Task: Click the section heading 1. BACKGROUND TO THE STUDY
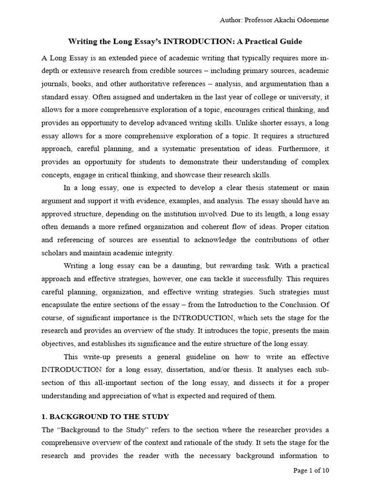pos(105,417)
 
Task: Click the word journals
pos(55,84)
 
